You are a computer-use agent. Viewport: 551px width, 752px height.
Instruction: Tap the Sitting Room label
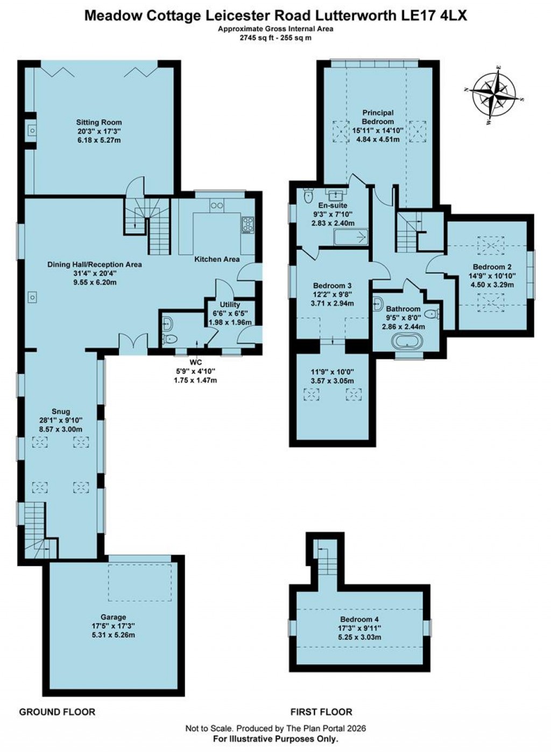click(x=99, y=122)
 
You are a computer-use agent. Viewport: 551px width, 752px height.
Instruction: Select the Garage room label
click(x=113, y=617)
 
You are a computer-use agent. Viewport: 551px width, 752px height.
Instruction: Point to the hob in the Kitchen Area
click(x=248, y=224)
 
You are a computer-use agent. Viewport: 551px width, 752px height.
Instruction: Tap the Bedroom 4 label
click(x=360, y=619)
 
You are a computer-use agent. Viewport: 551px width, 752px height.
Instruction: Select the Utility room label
click(x=230, y=305)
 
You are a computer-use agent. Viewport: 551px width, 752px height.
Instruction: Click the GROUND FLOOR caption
click(x=57, y=712)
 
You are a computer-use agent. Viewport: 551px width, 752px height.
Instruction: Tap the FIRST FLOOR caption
click(x=321, y=712)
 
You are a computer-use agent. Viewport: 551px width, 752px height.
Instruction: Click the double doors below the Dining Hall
click(x=132, y=344)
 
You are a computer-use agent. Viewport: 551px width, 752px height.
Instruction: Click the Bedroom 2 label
click(x=492, y=267)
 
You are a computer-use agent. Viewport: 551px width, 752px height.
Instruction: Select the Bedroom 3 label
click(x=333, y=286)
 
